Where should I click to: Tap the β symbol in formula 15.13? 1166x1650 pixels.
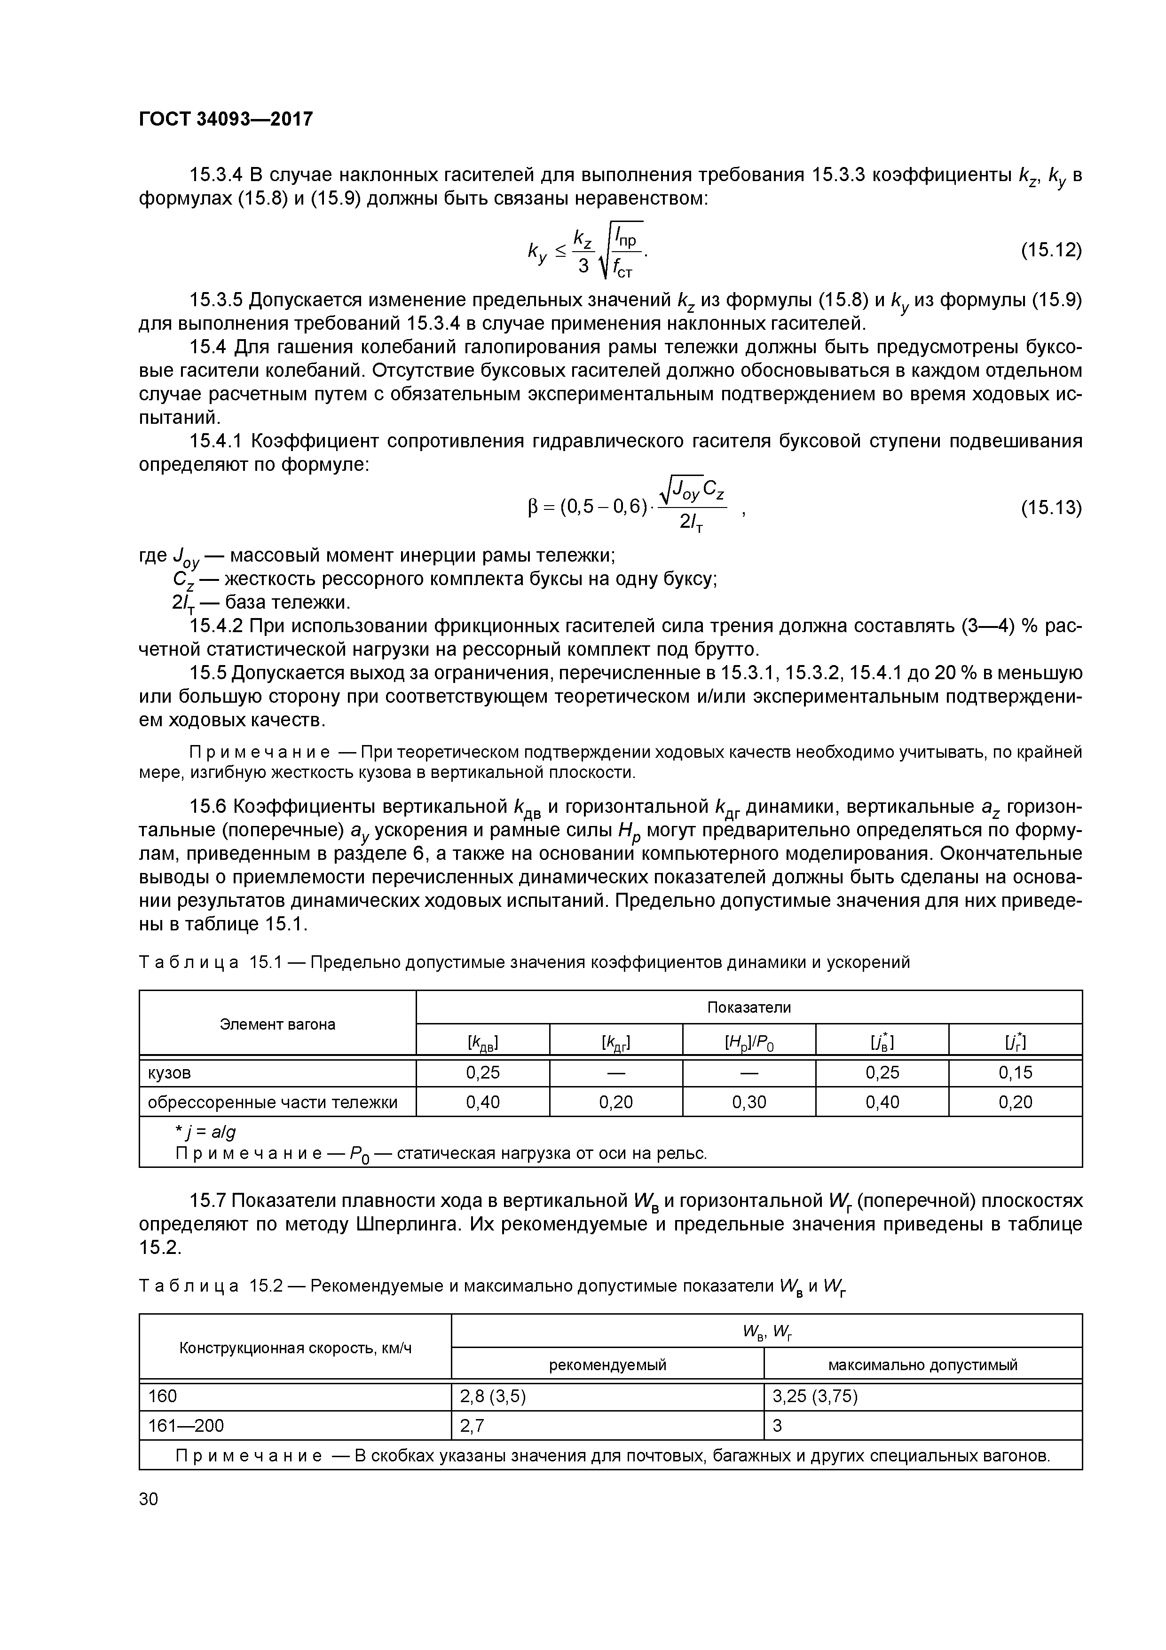tap(532, 509)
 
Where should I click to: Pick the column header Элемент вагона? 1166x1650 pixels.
tap(277, 1024)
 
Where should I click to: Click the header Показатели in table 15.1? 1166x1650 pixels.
tap(748, 1007)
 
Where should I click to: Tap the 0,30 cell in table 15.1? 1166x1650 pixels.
tap(748, 1103)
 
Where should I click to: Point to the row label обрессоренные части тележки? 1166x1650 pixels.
tap(272, 1103)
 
